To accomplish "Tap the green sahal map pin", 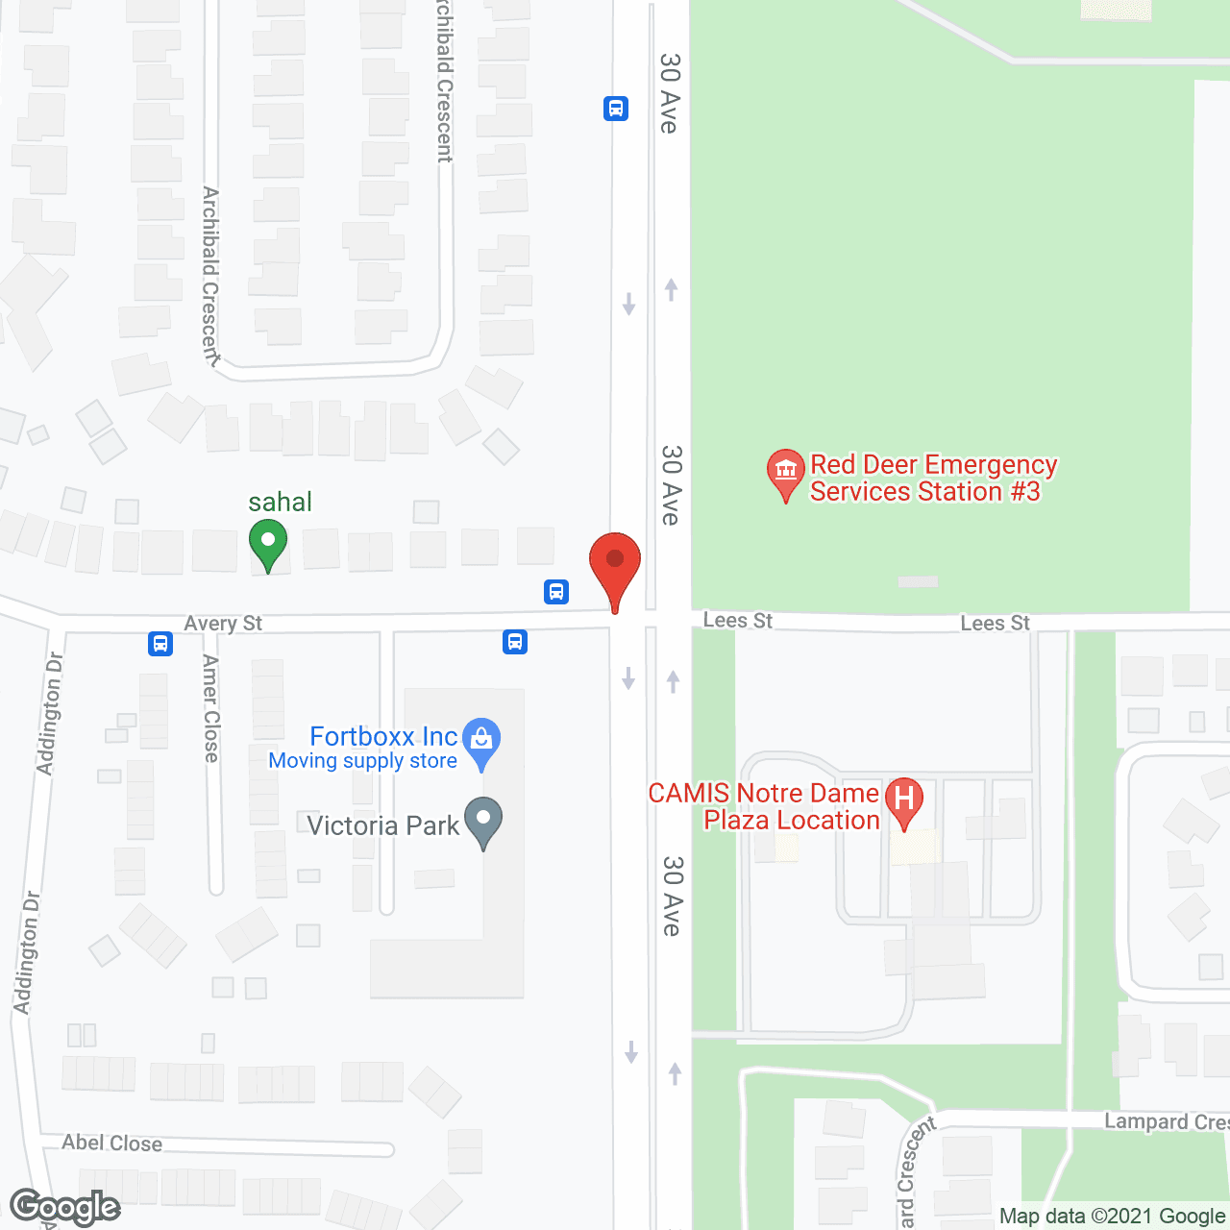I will (268, 543).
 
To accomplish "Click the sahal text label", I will (280, 502).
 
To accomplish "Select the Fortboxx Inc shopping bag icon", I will (481, 742).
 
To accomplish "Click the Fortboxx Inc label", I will (383, 737).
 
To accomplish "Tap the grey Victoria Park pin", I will (483, 822).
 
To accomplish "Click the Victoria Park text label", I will (383, 826).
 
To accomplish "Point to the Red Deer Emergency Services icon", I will (785, 473).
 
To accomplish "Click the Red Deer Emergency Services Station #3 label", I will (932, 479).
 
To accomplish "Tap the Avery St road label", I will (223, 624).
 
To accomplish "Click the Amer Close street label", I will (211, 708).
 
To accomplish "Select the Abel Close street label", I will (112, 1143).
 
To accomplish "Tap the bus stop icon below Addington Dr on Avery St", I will (160, 644).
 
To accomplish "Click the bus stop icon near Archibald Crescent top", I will (616, 109).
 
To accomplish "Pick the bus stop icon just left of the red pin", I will (556, 591).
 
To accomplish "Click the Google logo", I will (65, 1207).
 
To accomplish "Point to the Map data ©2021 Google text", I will (1112, 1217).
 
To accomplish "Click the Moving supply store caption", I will (362, 761).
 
